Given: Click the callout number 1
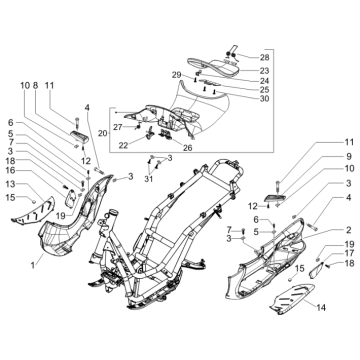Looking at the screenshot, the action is tap(33, 265).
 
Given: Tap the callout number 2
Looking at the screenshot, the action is tap(349, 230).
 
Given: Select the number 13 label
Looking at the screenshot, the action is tap(10, 184).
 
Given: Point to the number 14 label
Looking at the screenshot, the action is tap(320, 307).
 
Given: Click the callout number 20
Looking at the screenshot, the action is tap(103, 133).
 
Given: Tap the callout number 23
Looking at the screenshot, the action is tap(274, 71).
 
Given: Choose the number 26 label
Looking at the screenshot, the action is tap(188, 147).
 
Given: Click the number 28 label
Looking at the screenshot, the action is tap(274, 58).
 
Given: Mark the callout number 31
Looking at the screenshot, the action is tap(148, 179).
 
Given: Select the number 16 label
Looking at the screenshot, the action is tap(10, 171).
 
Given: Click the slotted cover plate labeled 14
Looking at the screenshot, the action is tap(293, 298).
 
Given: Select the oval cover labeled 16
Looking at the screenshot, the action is tap(70, 199).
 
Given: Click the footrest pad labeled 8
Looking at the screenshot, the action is tap(79, 136).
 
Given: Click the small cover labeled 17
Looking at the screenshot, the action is tap(317, 270).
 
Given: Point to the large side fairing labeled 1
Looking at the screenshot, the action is tap(72, 220).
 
